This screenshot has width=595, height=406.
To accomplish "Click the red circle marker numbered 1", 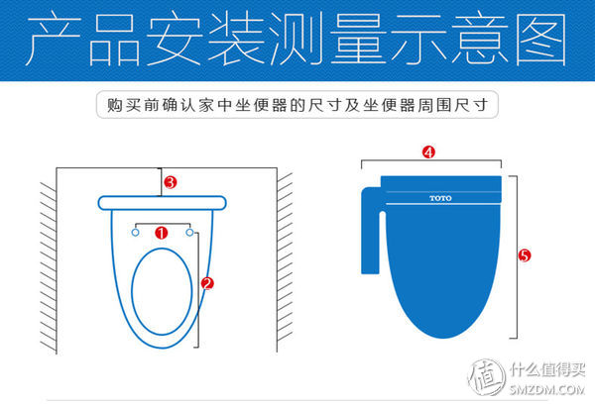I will [162, 233].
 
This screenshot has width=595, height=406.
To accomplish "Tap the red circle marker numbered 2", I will [207, 282].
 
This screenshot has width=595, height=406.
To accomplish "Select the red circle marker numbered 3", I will [170, 182].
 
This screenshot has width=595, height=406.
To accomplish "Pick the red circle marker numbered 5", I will [525, 255].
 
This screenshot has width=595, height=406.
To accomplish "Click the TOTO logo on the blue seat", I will [439, 198].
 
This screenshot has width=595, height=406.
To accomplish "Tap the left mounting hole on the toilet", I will [134, 234].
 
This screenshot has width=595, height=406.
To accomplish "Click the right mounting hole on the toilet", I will [190, 234].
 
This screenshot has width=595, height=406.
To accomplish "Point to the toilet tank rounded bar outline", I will [163, 204].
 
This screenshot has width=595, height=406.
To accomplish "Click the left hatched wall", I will [47, 262].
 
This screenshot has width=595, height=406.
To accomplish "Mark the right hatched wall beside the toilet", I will [284, 262].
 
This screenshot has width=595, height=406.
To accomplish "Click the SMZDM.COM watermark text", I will [547, 391].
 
